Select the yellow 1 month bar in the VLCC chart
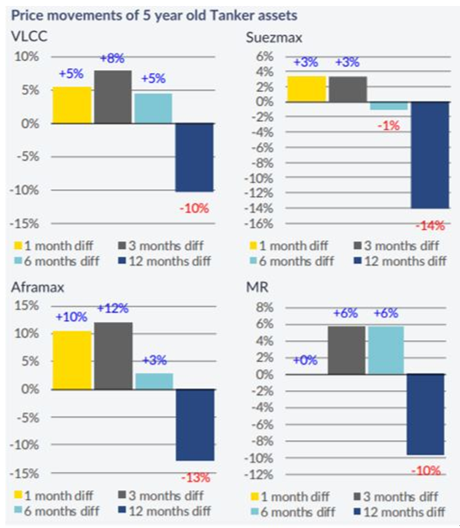pos(71,105)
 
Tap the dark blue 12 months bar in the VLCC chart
pos(195,157)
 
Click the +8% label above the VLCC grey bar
pos(112,59)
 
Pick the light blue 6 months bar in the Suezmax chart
pos(388,106)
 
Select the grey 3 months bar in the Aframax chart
pos(113,355)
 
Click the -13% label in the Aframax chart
pos(195,477)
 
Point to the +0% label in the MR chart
pos(305,361)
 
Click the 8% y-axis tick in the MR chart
pos(267,308)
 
